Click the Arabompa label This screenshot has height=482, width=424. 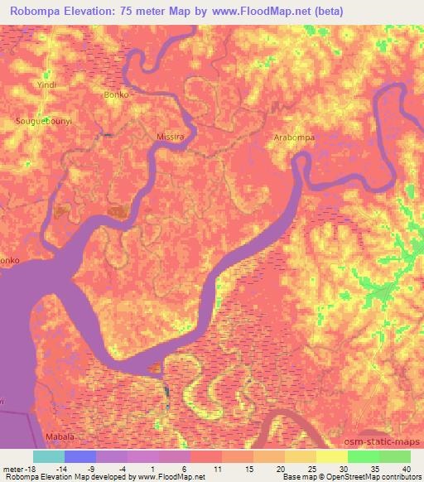(x=293, y=137)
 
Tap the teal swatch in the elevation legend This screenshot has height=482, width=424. (x=48, y=456)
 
